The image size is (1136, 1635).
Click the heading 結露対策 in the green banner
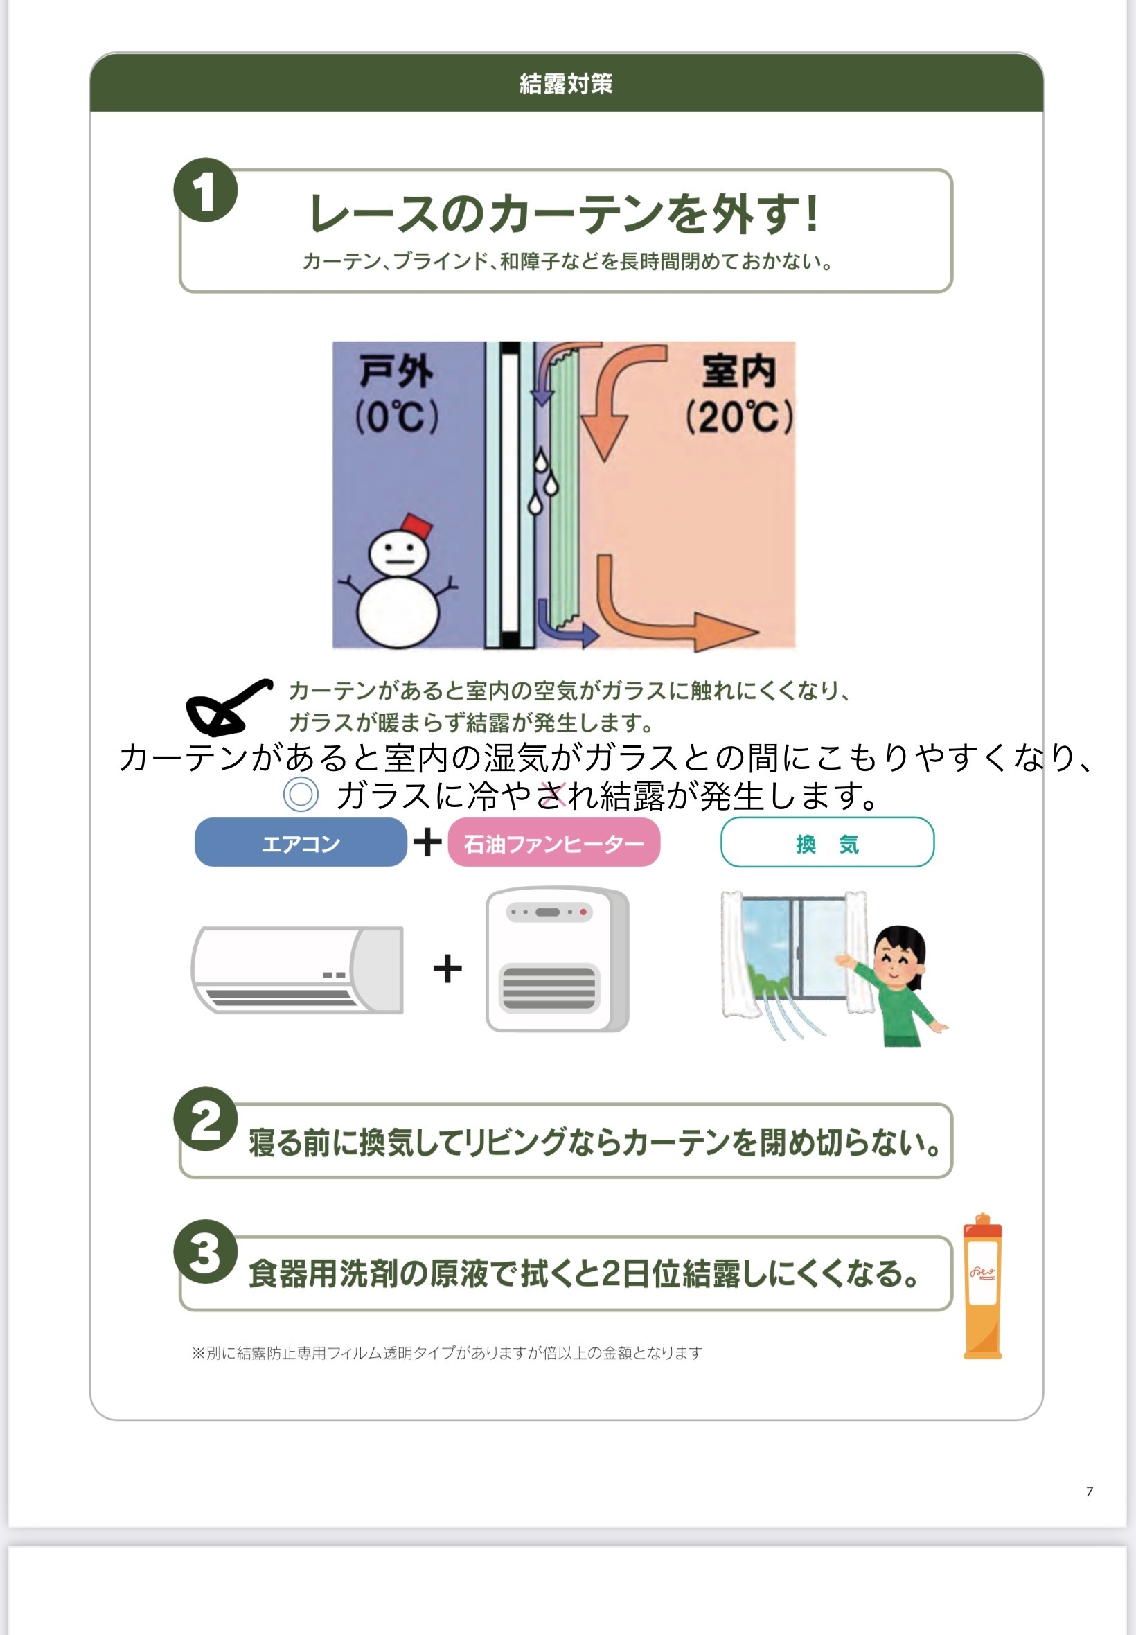pos(566,83)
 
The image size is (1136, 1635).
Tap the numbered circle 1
pos(205,190)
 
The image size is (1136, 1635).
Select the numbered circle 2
pos(205,1118)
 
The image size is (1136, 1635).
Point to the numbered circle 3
pos(205,1251)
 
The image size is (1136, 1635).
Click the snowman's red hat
pos(416,527)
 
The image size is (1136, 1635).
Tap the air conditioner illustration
pos(298,969)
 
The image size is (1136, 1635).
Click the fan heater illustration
pos(556,960)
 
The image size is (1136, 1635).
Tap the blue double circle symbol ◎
pos(301,795)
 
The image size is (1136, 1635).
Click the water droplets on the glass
pos(544,482)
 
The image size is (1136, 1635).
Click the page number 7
pos(1089,1490)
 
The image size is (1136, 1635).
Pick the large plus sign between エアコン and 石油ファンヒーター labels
pos(428,842)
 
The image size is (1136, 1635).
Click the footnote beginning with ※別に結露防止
pos(446,1352)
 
